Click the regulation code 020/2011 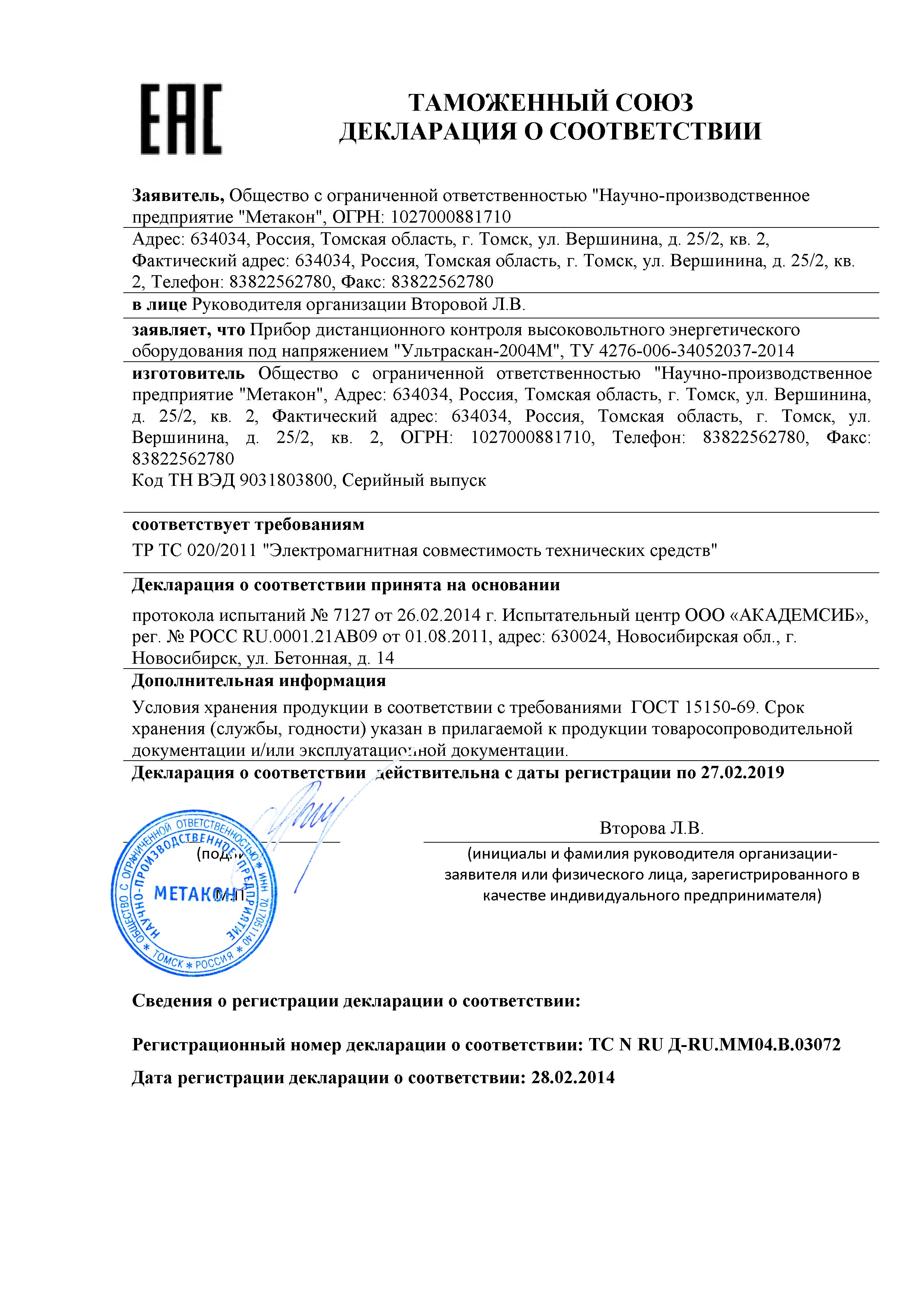click(x=221, y=551)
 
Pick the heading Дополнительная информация click(x=259, y=681)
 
